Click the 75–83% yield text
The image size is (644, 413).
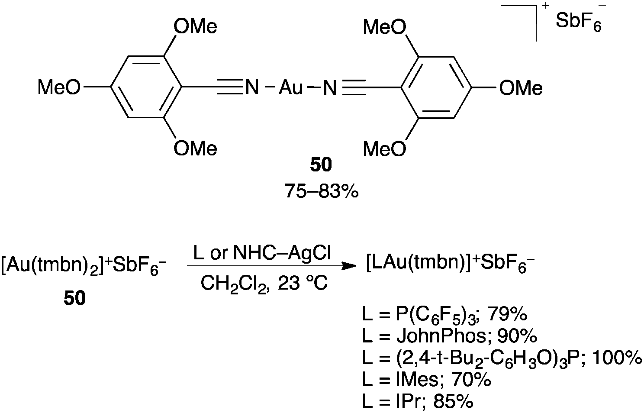(x=322, y=191)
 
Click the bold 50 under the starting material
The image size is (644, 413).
(x=75, y=298)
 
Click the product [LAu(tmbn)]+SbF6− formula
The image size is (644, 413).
(x=451, y=264)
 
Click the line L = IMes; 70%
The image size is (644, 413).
(x=427, y=380)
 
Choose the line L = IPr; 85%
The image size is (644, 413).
(x=418, y=401)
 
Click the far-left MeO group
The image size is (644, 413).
(x=59, y=87)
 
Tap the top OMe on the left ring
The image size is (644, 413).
(x=195, y=27)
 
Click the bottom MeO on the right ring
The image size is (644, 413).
(x=385, y=148)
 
